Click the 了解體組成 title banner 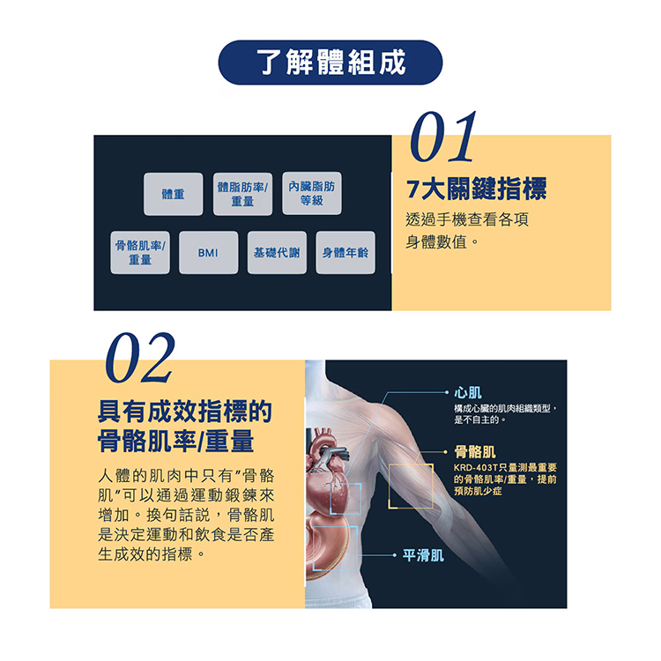tap(330, 63)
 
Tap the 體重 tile tap(174, 194)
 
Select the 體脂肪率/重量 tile tap(242, 194)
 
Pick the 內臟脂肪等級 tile tap(312, 193)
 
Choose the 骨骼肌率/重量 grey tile tap(140, 253)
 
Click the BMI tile tap(208, 253)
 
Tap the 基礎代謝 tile tap(277, 253)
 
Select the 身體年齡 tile tap(345, 253)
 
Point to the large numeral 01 tap(442, 137)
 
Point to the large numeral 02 tap(140, 358)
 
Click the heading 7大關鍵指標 tap(476, 189)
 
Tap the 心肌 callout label tap(467, 393)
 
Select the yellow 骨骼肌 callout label tap(475, 452)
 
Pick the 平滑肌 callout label tap(423, 555)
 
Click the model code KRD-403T tap(476, 467)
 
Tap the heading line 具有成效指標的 tap(185, 412)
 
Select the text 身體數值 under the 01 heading tap(437, 242)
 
